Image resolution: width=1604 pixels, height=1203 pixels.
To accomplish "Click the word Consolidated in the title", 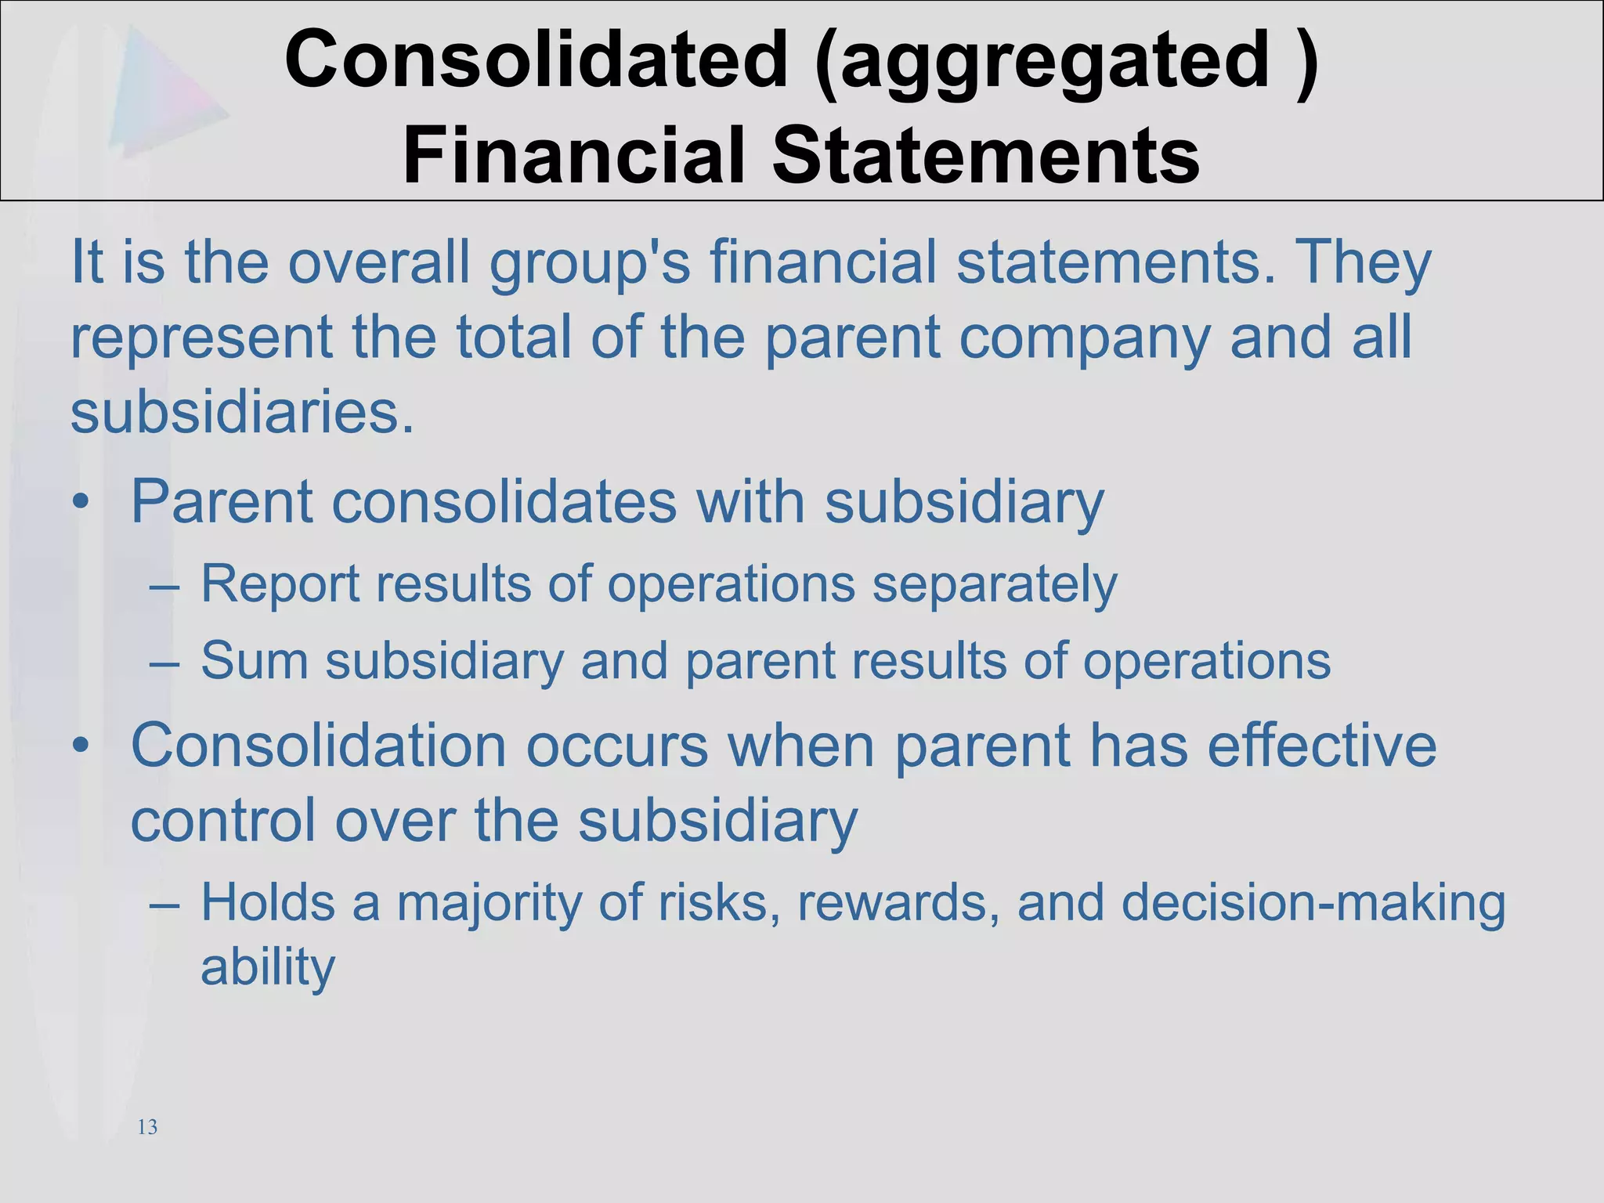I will coord(536,60).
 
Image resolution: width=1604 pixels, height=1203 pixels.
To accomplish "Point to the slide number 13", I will coord(147,1127).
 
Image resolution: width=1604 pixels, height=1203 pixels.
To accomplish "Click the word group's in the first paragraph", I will coord(590,265).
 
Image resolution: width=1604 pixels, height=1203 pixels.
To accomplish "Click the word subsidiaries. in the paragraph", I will coord(242,413).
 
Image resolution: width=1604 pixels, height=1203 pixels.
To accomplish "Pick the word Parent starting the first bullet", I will coord(222,502).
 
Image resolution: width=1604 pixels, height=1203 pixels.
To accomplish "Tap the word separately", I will coord(994,585).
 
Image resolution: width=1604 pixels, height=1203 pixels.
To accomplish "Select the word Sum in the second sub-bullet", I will coord(255,660).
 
